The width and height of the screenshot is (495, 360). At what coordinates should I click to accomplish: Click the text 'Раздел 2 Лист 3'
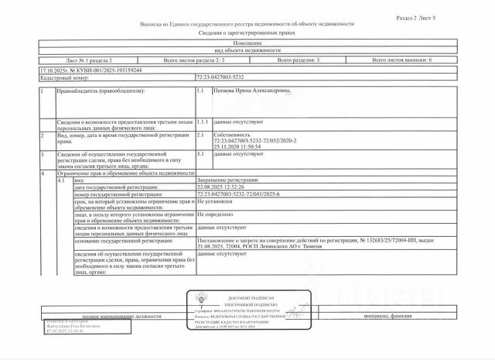pyautogui.click(x=459, y=15)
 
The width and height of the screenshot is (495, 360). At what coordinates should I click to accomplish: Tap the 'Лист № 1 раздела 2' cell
pyautogui.click(x=89, y=60)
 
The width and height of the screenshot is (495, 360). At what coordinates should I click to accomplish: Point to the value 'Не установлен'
pyautogui.click(x=217, y=201)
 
